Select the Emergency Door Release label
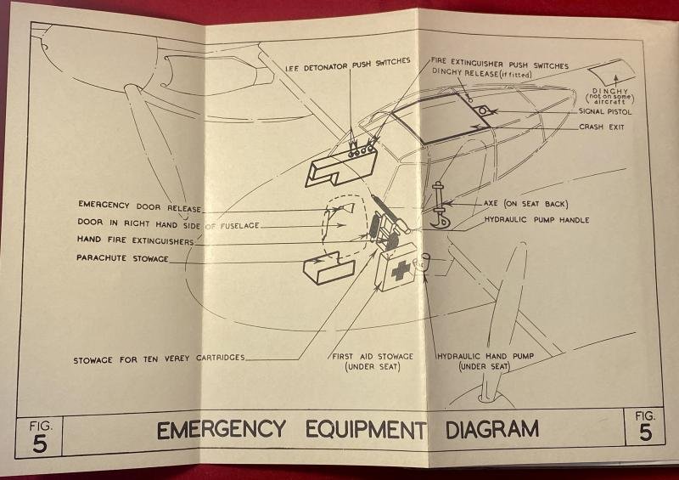click(x=138, y=205)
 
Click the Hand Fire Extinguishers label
click(x=136, y=240)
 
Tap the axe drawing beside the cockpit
click(x=441, y=205)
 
